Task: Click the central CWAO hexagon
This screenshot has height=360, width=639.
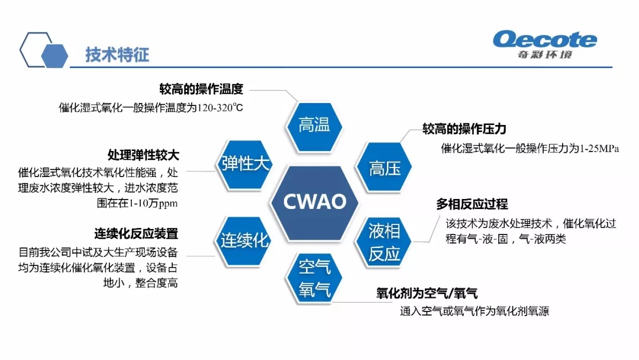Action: [314, 202]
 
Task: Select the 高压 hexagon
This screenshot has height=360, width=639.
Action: [384, 167]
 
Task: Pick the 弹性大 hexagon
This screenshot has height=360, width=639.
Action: [244, 164]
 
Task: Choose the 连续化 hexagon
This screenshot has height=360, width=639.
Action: [244, 241]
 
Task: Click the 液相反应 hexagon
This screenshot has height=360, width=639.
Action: [383, 242]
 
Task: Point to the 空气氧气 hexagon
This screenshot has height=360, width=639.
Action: [314, 278]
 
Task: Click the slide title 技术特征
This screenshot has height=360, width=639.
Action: [117, 54]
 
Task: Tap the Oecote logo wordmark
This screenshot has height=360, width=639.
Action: [545, 40]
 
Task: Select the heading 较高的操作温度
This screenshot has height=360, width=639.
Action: [201, 89]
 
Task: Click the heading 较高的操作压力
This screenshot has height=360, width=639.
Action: [464, 129]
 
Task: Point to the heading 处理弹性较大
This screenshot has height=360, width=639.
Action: [143, 155]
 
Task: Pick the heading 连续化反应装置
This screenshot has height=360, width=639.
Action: [136, 234]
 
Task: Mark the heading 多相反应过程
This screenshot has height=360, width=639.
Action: [472, 204]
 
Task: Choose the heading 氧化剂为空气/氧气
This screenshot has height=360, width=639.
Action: [427, 293]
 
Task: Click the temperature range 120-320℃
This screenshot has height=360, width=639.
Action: [220, 108]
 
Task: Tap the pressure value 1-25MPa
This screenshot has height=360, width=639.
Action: [599, 149]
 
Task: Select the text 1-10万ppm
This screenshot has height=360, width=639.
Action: [153, 203]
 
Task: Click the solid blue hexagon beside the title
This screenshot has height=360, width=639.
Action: [54, 56]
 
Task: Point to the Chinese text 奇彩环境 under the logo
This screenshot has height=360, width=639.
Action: [545, 54]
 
